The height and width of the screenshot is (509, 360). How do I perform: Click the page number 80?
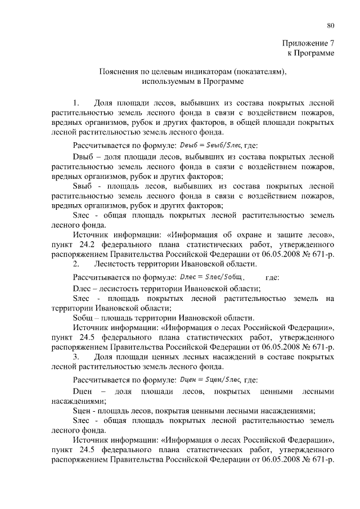click(x=331, y=25)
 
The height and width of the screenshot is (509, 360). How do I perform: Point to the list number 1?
click(x=77, y=103)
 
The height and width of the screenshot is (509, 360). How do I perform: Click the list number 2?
click(x=77, y=264)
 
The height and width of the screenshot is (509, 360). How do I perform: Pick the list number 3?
click(x=77, y=357)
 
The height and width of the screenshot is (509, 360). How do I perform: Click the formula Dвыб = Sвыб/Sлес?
click(x=206, y=145)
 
